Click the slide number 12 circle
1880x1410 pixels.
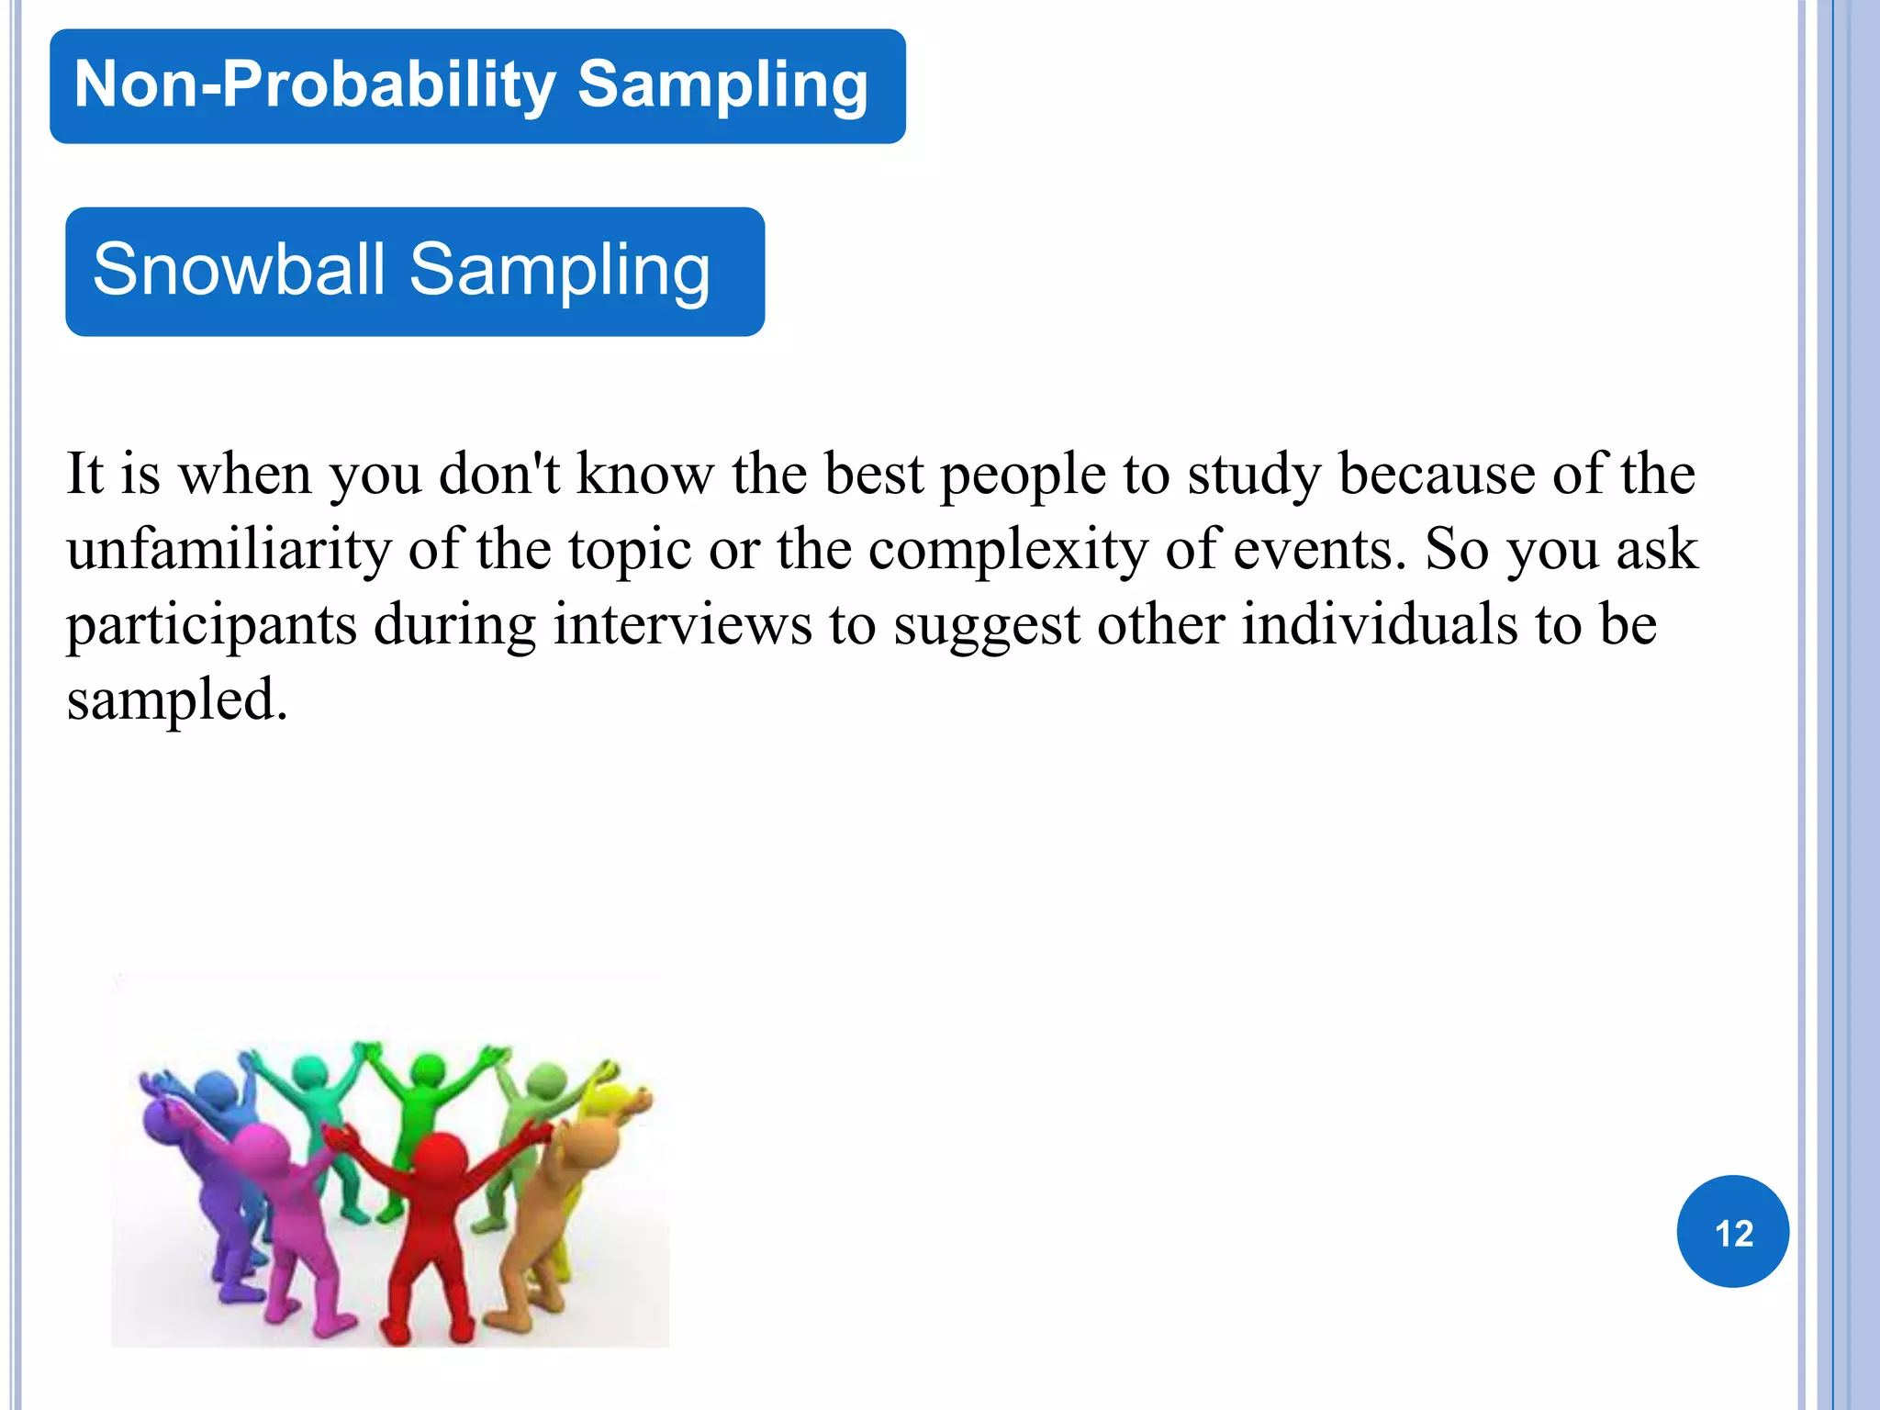[1732, 1231]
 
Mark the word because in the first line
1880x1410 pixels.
[1437, 476]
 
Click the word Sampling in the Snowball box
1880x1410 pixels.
[559, 270]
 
